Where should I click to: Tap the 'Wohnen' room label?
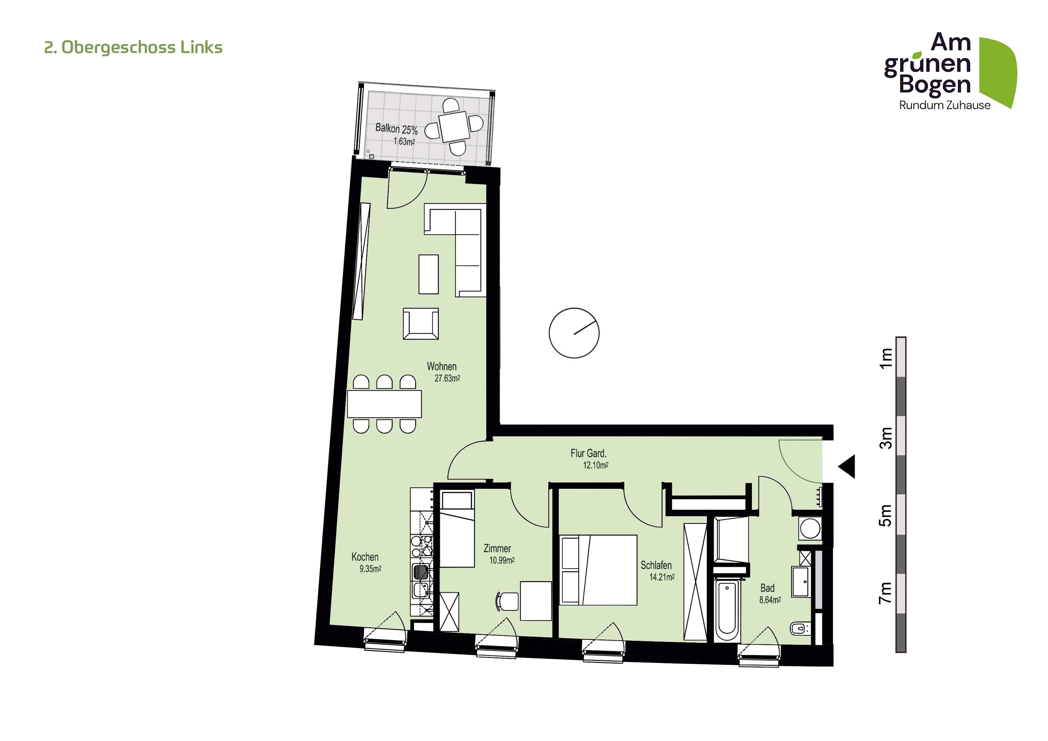click(441, 366)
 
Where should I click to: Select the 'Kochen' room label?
click(365, 557)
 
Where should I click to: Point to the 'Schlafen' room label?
click(656, 565)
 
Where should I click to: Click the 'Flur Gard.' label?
click(588, 453)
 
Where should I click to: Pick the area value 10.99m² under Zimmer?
click(502, 560)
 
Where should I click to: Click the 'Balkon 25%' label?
click(396, 129)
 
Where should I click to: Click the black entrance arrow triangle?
click(848, 466)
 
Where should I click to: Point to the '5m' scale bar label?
click(885, 516)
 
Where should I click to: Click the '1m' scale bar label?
click(886, 358)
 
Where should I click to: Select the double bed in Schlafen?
click(598, 570)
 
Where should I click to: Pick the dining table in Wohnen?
click(384, 404)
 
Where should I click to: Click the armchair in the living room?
click(421, 323)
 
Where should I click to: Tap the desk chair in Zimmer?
click(507, 602)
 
